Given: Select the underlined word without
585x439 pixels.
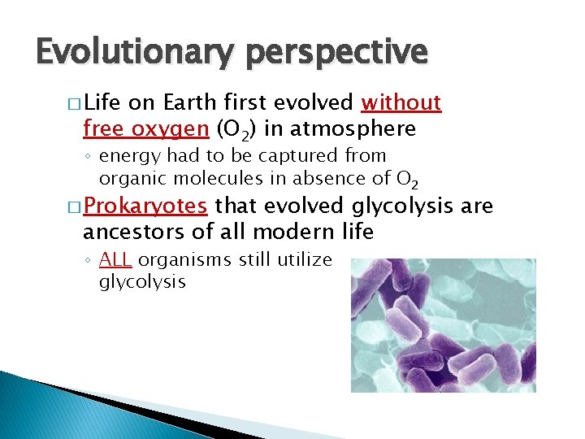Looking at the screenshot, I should [x=401, y=102].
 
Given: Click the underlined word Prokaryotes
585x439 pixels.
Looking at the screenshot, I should [x=145, y=206].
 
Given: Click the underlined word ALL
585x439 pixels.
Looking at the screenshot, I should [x=117, y=259].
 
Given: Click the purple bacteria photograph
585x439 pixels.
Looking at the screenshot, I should [x=443, y=325].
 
